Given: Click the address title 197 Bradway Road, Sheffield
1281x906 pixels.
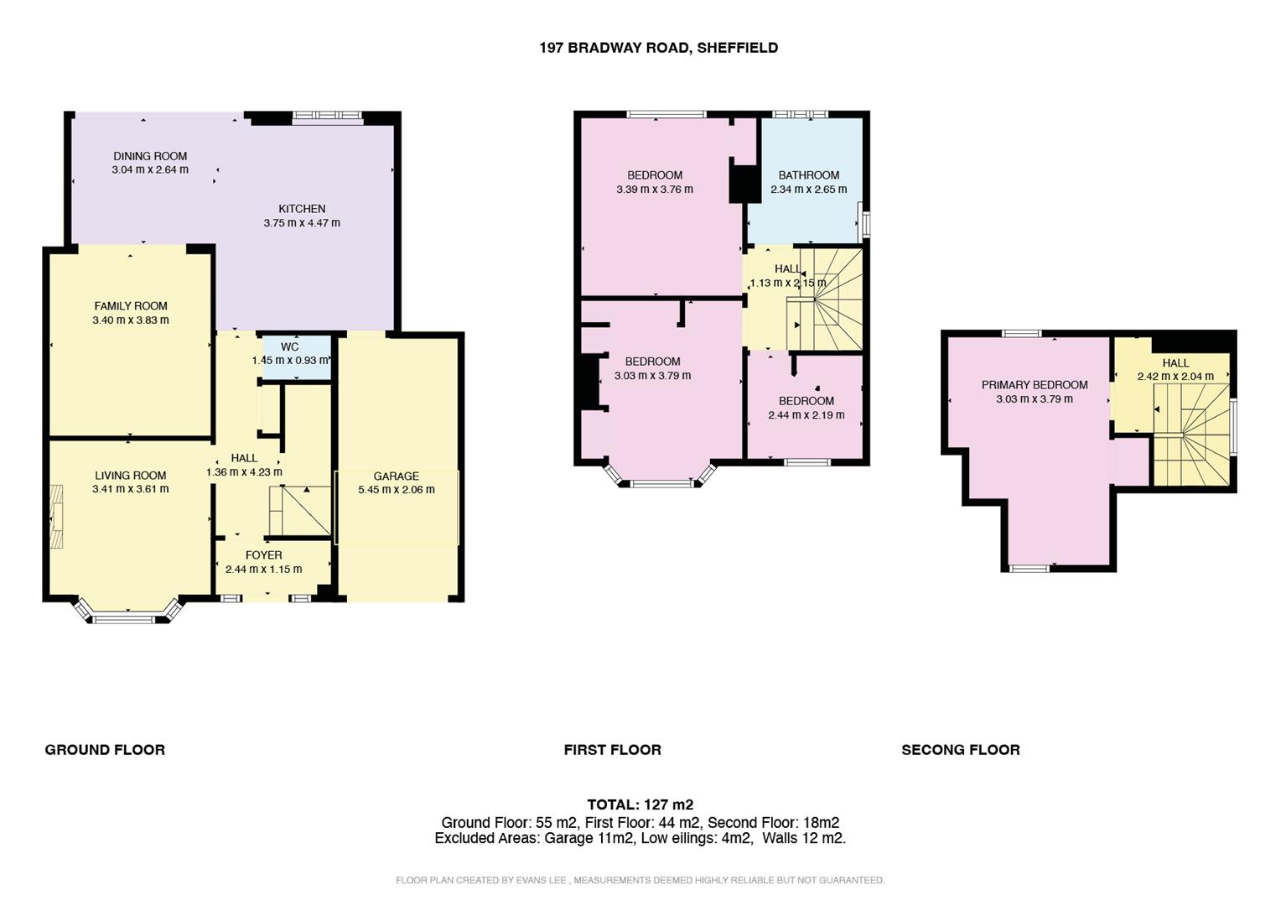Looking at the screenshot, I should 658,48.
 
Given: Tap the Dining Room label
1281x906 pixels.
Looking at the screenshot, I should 150,156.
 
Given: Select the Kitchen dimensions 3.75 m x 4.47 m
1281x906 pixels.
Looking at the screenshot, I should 302,223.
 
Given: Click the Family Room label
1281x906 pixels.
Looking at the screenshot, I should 131,306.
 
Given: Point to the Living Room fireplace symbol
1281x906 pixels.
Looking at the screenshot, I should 56,517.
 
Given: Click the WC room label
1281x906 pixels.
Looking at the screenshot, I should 289,346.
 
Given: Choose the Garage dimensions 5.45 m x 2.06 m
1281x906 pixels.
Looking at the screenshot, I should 396,490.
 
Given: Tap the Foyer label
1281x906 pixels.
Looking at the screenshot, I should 263,555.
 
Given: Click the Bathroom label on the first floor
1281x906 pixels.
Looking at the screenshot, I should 808,175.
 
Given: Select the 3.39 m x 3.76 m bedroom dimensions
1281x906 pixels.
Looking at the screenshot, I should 654,190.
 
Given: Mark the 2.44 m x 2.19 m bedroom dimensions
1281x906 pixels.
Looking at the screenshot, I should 806,415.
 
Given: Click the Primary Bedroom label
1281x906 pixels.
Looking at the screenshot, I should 1035,385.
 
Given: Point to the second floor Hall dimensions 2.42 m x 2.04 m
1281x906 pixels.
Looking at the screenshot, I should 1175,377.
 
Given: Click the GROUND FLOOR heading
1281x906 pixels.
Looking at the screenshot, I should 105,750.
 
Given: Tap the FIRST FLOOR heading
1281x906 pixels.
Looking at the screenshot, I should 612,750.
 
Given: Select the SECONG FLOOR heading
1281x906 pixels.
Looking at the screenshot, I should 960,750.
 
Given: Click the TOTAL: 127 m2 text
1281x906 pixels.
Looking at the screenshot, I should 640,805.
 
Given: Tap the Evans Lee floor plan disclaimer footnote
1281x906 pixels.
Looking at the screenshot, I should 640,880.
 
